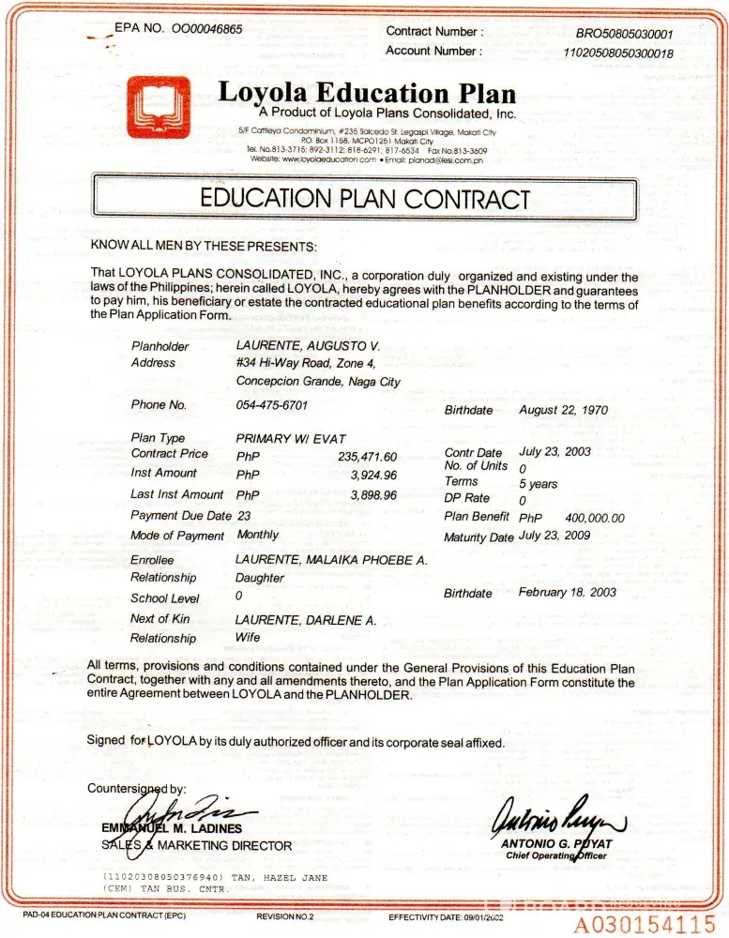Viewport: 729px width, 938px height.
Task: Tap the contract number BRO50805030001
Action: click(624, 34)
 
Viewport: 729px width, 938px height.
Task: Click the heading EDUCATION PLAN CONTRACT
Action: click(365, 199)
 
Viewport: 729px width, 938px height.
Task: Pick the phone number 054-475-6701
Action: click(272, 405)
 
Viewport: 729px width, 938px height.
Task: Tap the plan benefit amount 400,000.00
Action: click(595, 518)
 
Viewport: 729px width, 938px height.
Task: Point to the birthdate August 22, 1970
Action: click(564, 410)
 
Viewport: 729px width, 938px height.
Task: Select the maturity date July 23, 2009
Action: click(554, 536)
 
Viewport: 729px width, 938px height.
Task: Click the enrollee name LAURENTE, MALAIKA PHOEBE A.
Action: click(331, 559)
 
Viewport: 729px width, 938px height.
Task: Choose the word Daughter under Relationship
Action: click(260, 578)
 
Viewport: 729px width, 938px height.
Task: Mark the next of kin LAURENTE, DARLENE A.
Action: click(306, 620)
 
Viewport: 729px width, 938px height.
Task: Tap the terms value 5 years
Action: click(539, 484)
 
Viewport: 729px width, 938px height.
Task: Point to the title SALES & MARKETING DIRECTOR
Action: click(196, 845)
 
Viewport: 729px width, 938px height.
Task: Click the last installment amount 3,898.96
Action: click(373, 494)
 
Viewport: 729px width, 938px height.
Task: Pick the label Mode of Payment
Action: click(177, 536)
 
